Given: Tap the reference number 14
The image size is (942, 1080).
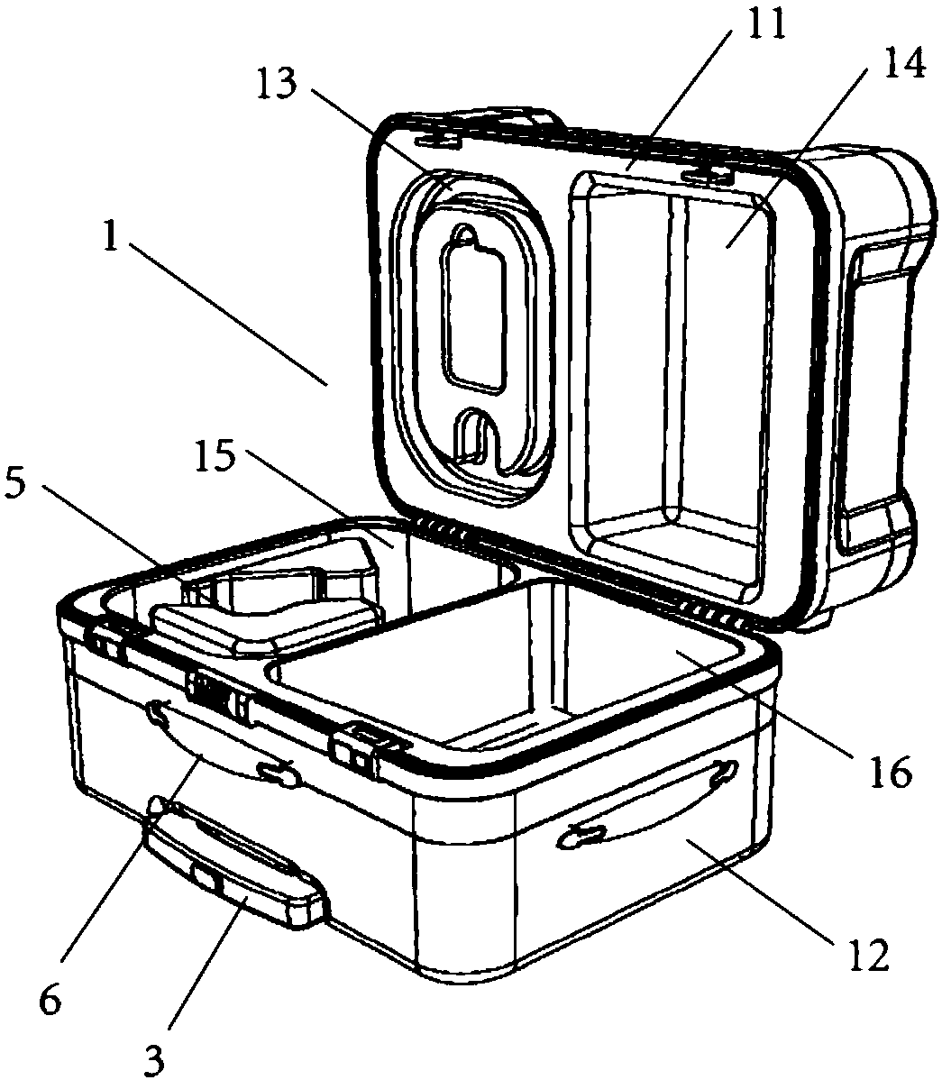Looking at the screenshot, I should click(x=902, y=66).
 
